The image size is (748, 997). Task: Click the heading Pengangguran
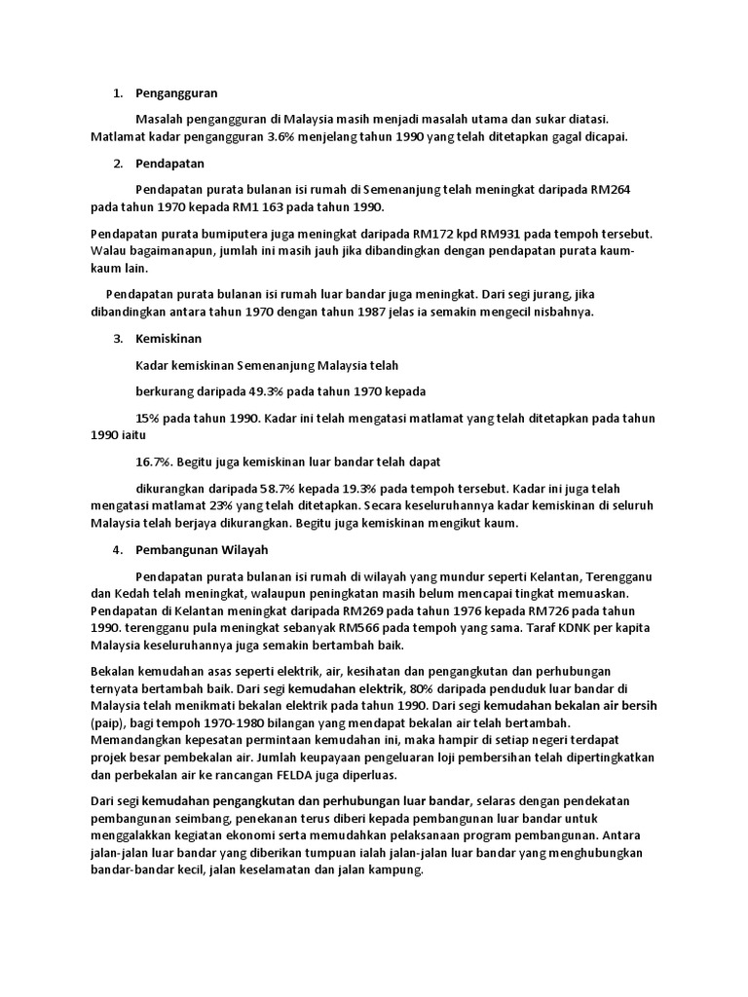tap(177, 93)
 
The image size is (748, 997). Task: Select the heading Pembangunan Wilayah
tap(203, 549)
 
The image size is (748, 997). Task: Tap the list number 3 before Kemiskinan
tap(117, 339)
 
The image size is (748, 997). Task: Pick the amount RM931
tap(502, 235)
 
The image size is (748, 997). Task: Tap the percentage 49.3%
tap(255, 391)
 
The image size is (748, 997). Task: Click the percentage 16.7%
tap(155, 462)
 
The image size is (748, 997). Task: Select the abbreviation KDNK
tap(532, 628)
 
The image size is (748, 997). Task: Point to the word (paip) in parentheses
tap(107, 723)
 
